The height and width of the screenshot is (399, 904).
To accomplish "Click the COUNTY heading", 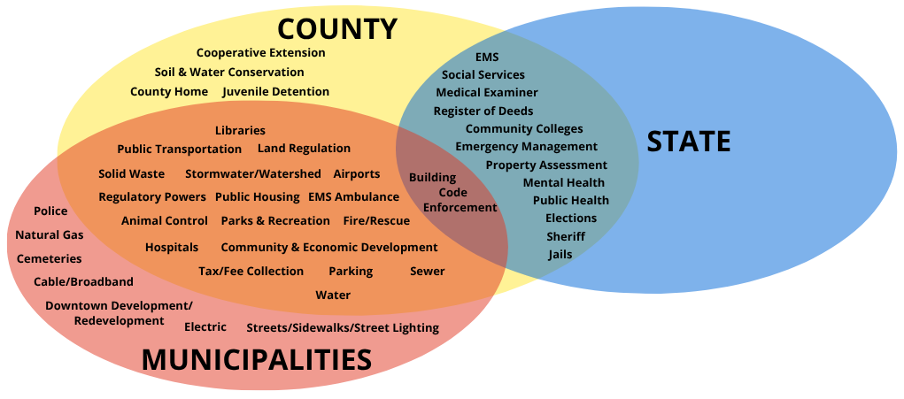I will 336,28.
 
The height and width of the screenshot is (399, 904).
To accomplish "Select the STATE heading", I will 688,142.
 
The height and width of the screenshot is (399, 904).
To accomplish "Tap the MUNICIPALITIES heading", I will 257,359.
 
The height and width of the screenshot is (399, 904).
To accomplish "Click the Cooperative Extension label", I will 260,53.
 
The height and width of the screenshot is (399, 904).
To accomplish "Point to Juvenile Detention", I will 275,92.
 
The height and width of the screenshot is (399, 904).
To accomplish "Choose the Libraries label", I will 240,131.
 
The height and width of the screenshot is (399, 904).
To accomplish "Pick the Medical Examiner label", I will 486,92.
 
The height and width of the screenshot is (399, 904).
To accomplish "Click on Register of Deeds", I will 483,111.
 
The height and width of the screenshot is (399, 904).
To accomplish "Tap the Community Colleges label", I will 524,129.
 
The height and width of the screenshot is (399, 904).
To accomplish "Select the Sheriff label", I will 565,236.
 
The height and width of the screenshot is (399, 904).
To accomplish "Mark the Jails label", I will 560,255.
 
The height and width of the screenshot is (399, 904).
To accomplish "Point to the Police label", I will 50,211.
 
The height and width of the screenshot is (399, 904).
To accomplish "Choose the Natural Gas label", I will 49,235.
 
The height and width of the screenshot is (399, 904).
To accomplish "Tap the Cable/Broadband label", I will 83,282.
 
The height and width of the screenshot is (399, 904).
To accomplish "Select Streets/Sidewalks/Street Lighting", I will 342,328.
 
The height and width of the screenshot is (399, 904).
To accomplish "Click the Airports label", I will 356,174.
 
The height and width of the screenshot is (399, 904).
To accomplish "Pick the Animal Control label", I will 164,221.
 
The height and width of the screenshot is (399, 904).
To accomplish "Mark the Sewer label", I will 427,272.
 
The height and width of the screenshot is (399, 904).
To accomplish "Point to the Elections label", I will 570,219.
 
